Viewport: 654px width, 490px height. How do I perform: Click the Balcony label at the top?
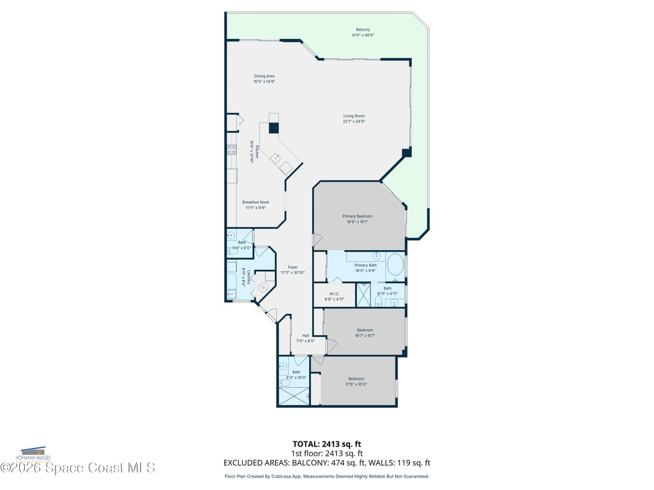point(363,30)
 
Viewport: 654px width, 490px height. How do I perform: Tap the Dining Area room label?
point(264,76)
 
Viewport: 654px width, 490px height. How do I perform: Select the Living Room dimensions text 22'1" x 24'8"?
point(353,121)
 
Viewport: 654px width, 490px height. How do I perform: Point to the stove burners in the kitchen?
point(231,151)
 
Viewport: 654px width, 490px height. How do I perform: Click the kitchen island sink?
point(276,157)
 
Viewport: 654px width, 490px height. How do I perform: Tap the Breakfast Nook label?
point(255,202)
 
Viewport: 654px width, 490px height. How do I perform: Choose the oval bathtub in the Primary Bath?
point(395,264)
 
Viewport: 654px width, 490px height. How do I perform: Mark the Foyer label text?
point(293,267)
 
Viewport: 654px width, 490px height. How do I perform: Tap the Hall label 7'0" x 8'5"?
point(305,336)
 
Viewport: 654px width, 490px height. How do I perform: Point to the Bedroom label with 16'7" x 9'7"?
point(365,330)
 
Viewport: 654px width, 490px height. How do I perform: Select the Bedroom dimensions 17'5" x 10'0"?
point(356,384)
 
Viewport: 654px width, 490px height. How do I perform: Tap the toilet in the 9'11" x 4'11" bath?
point(379,301)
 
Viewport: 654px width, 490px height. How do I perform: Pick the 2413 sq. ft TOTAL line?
point(326,443)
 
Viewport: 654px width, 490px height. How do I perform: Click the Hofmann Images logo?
point(35,454)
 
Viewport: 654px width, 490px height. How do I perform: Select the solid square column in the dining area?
point(274,128)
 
